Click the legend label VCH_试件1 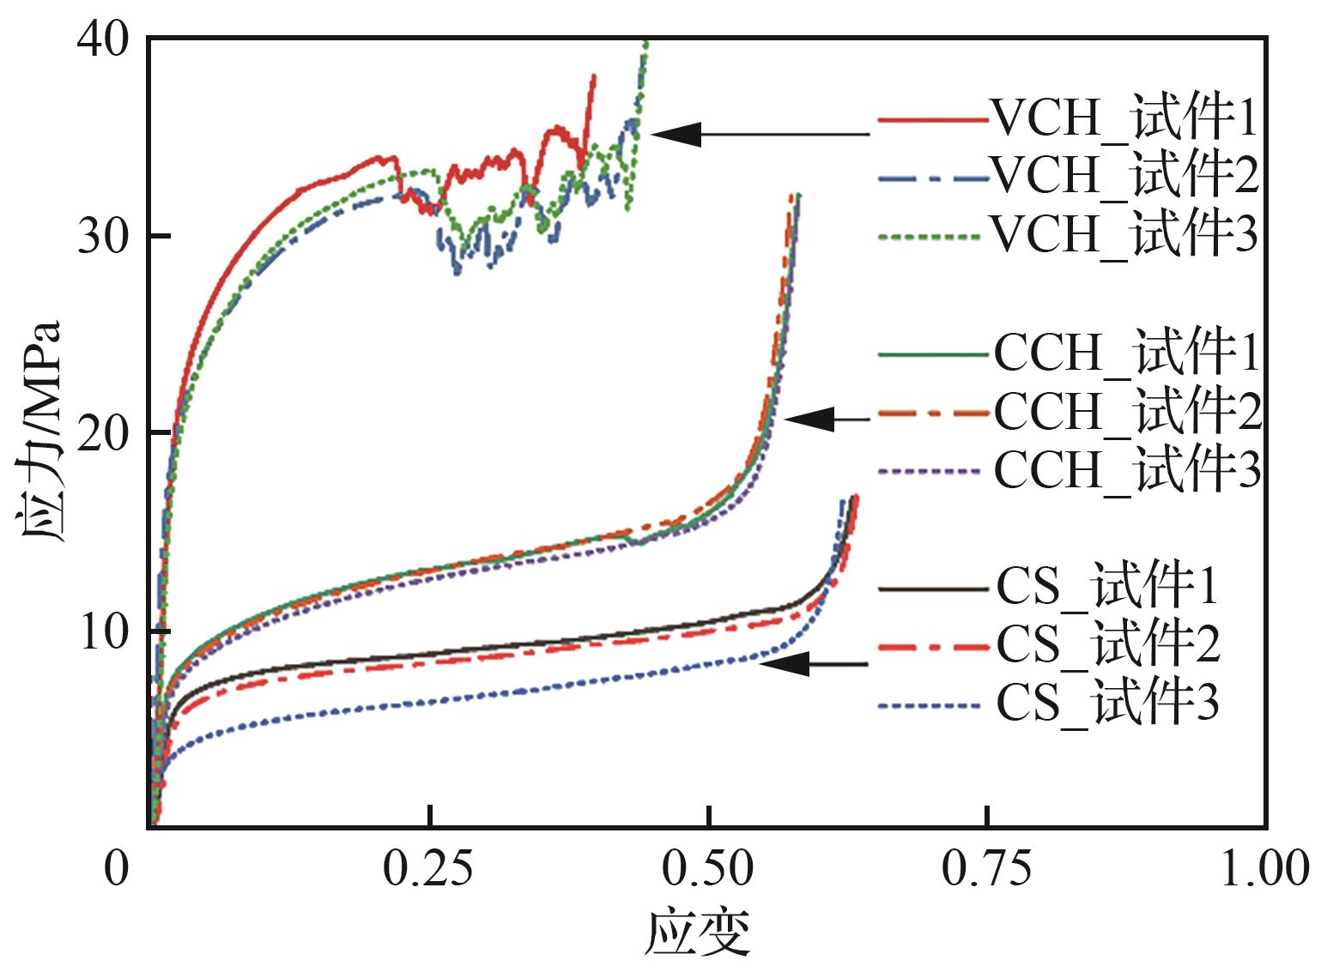[1124, 118]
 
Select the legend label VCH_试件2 [1124, 175]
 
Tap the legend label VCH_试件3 [1124, 232]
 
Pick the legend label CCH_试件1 [1127, 352]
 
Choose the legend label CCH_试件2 [1128, 411]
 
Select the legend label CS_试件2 [1108, 644]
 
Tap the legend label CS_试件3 [1107, 703]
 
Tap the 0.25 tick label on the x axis [427, 869]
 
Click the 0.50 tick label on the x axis [707, 869]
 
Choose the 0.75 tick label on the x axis [987, 869]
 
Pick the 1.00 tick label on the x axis [1265, 869]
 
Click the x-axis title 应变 [699, 933]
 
